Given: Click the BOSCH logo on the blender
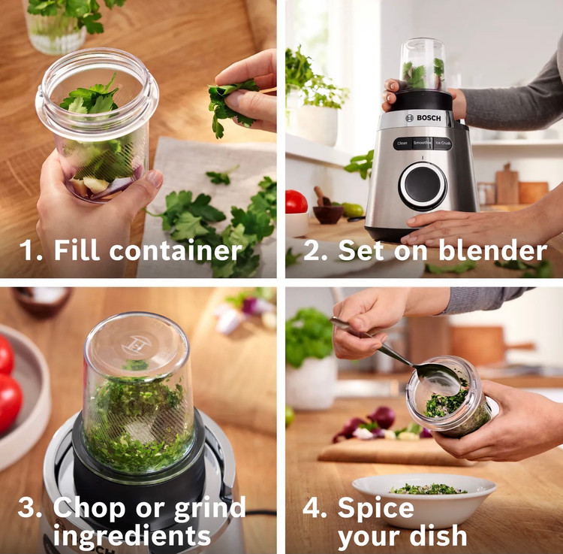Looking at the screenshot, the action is [x=423, y=118].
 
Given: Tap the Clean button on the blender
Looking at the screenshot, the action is [x=402, y=144].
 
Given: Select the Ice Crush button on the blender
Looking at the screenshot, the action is [x=443, y=143].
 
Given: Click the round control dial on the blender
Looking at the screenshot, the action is [x=423, y=186].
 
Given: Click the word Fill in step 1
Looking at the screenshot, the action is [x=77, y=250].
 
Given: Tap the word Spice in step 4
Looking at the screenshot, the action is [x=376, y=509].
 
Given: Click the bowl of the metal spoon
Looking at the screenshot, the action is [x=438, y=379].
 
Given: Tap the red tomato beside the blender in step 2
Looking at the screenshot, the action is [x=296, y=201].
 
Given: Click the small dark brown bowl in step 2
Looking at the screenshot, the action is [x=327, y=214].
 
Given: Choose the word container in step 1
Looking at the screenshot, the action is [x=176, y=250].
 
